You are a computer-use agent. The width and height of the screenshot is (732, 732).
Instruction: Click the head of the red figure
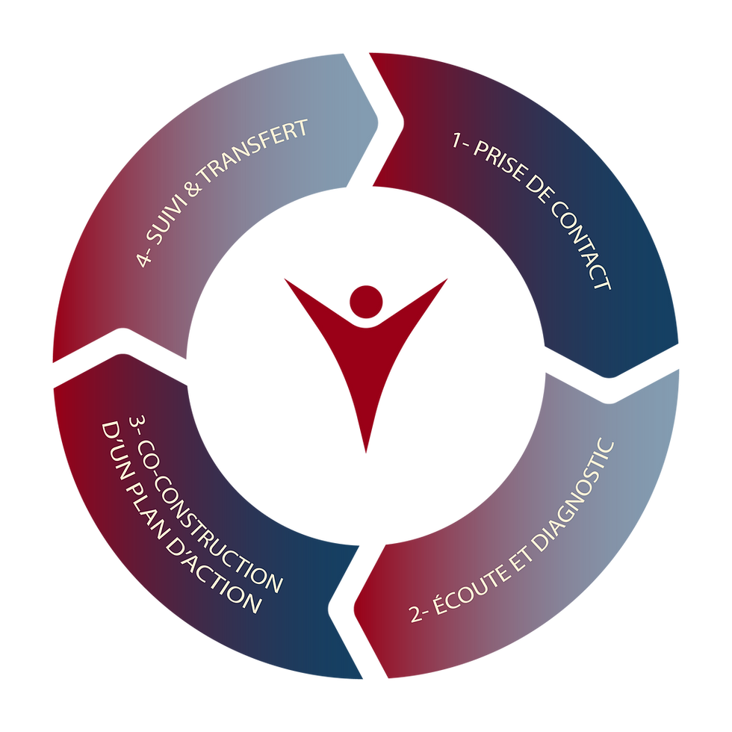(x=366, y=300)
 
